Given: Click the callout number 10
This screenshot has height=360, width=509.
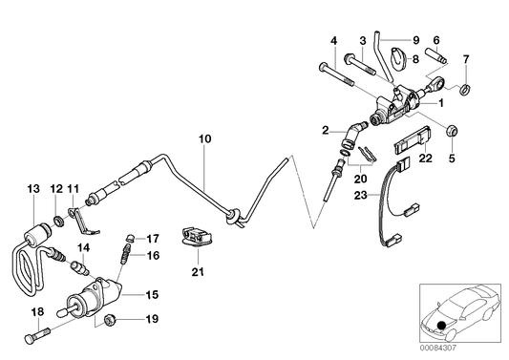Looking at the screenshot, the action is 205,138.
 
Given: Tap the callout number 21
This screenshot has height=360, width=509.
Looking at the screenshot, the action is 198,272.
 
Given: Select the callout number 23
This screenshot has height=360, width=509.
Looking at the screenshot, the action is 361,196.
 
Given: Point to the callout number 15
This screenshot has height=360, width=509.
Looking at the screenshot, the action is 152,295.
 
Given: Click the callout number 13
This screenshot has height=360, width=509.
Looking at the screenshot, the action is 33,189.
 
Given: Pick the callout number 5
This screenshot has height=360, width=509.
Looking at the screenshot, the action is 452,159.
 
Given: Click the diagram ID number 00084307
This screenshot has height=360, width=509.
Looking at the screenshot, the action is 438,348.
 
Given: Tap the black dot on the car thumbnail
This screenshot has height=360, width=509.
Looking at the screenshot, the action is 441,325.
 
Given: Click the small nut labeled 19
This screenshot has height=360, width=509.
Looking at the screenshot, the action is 110,321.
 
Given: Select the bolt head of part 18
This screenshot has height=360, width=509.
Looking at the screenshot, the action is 30,339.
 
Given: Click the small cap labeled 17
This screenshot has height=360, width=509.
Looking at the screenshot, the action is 130,237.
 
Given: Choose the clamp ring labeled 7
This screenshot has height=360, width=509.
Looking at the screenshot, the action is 465,88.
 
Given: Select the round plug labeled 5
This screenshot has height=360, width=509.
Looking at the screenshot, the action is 452,130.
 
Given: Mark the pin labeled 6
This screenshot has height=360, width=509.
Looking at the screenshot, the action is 436,55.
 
